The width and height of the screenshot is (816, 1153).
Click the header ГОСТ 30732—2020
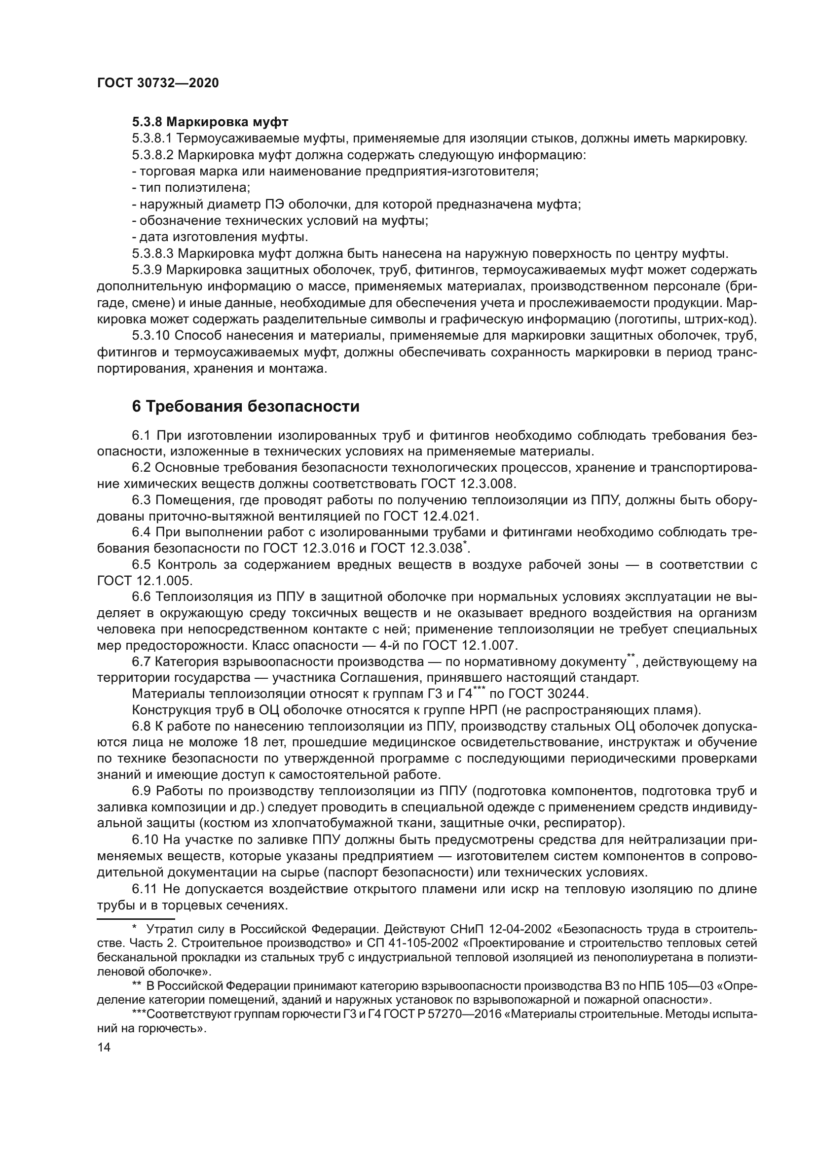click(158, 83)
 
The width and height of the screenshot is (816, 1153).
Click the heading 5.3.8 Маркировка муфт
click(210, 122)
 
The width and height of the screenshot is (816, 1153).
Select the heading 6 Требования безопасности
click(245, 406)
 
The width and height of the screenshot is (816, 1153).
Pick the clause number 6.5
click(141, 564)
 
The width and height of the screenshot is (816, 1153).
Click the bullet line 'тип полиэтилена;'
click(191, 188)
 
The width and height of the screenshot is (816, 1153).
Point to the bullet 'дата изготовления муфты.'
click(220, 237)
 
